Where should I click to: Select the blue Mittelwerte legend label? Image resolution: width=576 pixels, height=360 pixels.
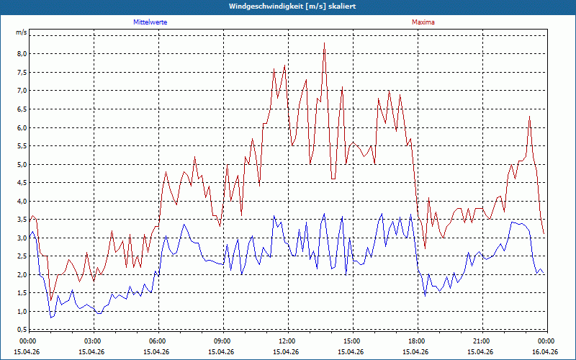click(150, 22)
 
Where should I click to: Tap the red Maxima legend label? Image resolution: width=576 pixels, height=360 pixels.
click(423, 22)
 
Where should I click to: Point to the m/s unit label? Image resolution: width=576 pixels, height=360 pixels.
click(21, 32)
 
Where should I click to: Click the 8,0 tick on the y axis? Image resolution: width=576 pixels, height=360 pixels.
click(22, 53)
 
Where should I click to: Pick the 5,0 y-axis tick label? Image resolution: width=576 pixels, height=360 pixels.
click(22, 164)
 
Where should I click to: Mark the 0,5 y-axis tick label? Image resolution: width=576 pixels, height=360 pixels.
click(22, 329)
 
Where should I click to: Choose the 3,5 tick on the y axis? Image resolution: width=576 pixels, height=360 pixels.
click(22, 220)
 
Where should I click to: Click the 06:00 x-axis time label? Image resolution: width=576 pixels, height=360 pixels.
click(158, 341)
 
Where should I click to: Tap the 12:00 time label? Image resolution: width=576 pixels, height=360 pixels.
click(288, 341)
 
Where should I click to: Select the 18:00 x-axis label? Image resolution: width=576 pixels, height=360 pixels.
click(418, 341)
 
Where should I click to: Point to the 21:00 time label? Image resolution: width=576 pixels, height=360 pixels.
click(482, 341)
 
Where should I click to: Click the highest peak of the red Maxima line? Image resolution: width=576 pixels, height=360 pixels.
click(325, 43)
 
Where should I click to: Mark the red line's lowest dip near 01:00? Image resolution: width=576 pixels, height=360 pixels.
click(51, 300)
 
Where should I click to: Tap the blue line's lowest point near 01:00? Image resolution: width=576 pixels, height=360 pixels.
click(51, 318)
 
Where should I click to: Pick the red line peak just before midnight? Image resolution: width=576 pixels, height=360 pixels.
click(529, 117)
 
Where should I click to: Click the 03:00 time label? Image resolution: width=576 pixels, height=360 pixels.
click(94, 341)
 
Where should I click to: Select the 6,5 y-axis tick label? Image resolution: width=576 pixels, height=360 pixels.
click(22, 109)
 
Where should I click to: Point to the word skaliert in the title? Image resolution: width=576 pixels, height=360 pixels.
click(342, 6)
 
